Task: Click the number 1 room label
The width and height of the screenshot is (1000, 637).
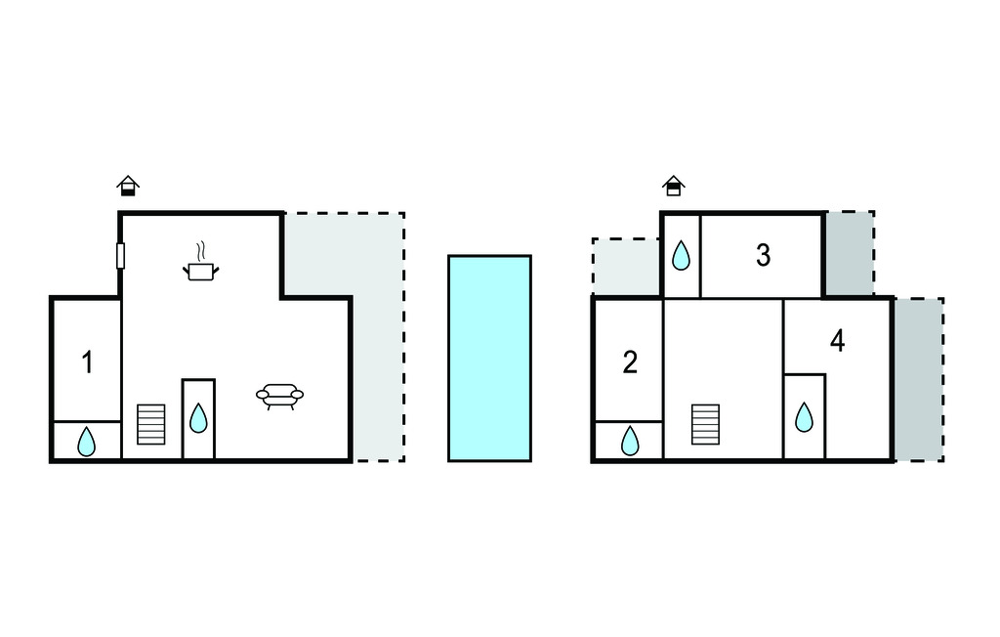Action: pos(87,361)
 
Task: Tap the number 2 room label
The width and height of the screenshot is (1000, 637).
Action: pos(630,361)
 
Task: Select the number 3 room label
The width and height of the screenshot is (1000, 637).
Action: pos(763,255)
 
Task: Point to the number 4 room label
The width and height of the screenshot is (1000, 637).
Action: pos(837,341)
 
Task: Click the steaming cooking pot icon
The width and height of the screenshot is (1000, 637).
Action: pos(201,262)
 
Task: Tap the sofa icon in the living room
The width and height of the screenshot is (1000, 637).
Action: pos(280,397)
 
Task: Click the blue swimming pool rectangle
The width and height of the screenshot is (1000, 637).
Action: pos(490,359)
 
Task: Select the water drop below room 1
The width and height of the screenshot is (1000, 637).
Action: pos(86,442)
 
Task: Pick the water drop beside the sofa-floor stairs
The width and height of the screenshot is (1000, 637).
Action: pos(198,418)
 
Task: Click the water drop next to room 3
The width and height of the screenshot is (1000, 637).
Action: pos(681,255)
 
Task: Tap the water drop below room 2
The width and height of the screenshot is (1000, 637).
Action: pos(630,441)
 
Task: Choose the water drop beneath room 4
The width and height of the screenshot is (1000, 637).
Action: pos(805,417)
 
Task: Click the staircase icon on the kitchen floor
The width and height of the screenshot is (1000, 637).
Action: pos(151,424)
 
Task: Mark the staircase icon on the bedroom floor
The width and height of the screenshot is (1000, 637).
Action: pos(705,424)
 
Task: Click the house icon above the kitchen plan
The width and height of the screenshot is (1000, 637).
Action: pos(128,186)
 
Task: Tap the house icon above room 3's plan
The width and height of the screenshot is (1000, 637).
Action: pos(674,186)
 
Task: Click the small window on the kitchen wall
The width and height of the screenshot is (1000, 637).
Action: pos(120,255)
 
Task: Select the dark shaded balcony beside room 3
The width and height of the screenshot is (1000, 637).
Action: pos(850,254)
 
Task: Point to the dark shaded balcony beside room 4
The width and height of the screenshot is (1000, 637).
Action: pos(919,380)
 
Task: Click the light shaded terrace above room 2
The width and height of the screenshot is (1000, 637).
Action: pos(626,267)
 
